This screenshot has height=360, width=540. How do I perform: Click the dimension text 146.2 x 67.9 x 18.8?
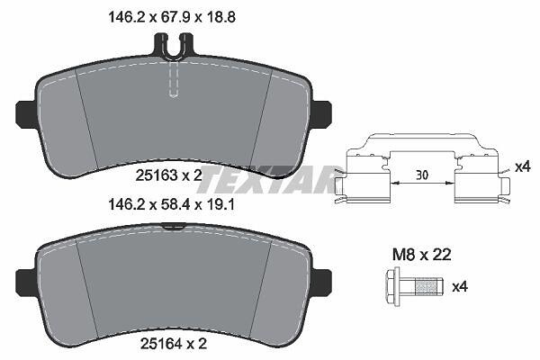pos(172,17)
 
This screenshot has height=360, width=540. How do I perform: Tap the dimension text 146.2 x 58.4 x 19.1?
pos(172,205)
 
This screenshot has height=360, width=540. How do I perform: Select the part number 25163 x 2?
pos(169,176)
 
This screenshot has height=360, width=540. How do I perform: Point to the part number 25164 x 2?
pos(174,345)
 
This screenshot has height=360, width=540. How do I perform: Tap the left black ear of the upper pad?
pos(25,113)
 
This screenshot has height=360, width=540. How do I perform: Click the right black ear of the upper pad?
pos(322,113)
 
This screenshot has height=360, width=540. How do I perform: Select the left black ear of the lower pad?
pos(25,282)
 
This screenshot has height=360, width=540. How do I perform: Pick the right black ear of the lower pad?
pos(322,282)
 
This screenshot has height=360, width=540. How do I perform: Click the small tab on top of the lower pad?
pos(174,226)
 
